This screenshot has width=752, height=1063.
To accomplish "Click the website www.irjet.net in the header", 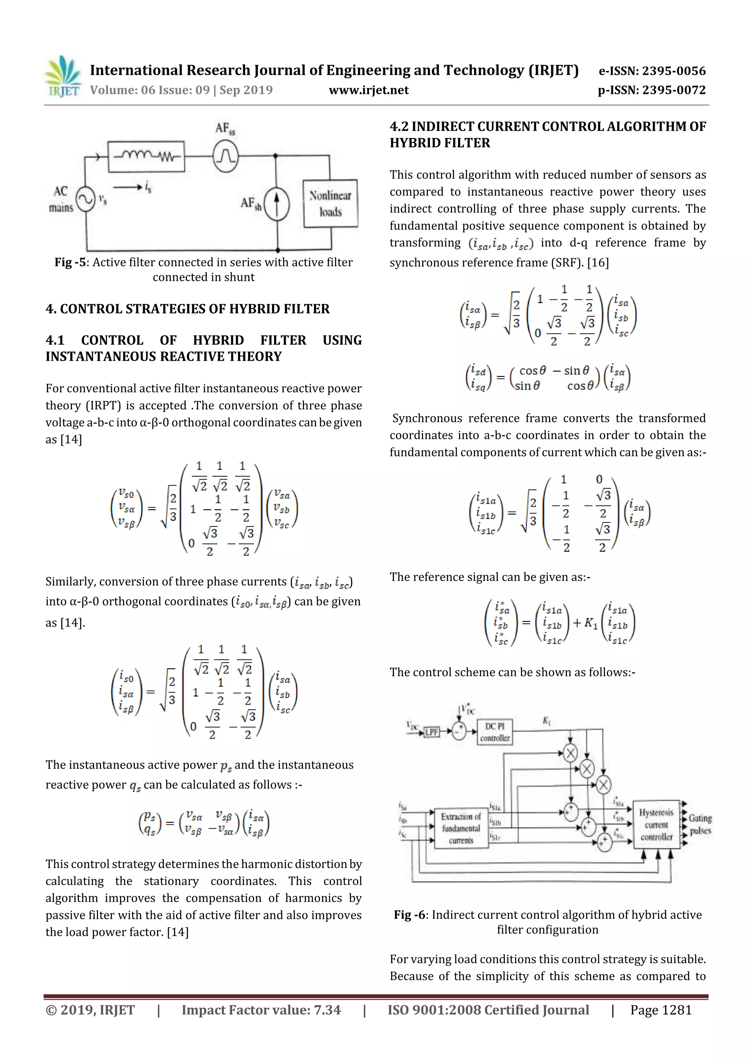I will tap(368, 90).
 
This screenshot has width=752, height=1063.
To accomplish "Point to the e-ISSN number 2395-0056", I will tap(674, 71).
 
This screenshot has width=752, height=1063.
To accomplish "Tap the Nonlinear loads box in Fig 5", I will tap(330, 204).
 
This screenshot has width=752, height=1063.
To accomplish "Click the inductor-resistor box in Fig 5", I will tap(146, 156).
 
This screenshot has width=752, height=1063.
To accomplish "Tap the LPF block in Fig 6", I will tap(431, 732).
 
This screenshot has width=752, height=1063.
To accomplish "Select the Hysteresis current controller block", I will tap(656, 824).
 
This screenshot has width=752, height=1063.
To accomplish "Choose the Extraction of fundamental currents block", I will tap(461, 828).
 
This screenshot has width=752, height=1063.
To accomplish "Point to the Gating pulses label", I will tap(699, 824).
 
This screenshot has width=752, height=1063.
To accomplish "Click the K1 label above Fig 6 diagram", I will tap(547, 720).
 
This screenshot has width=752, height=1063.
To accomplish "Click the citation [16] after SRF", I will tap(598, 263).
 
